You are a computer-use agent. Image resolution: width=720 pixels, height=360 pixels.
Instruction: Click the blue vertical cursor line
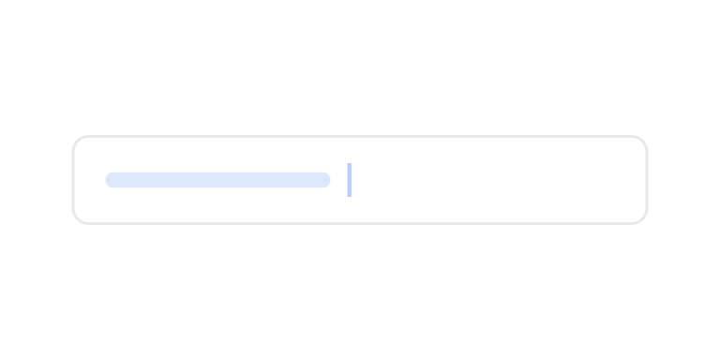349,179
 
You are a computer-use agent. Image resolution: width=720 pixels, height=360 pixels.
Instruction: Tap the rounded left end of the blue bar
111,180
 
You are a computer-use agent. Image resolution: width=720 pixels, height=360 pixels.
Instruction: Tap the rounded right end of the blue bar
324,180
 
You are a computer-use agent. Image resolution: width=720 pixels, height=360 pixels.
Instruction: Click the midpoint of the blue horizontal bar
217,180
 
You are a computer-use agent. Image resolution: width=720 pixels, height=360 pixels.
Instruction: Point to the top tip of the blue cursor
349,164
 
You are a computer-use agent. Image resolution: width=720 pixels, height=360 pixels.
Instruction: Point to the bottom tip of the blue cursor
349,195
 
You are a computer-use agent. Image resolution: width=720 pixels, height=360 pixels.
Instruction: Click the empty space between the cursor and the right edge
498,180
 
